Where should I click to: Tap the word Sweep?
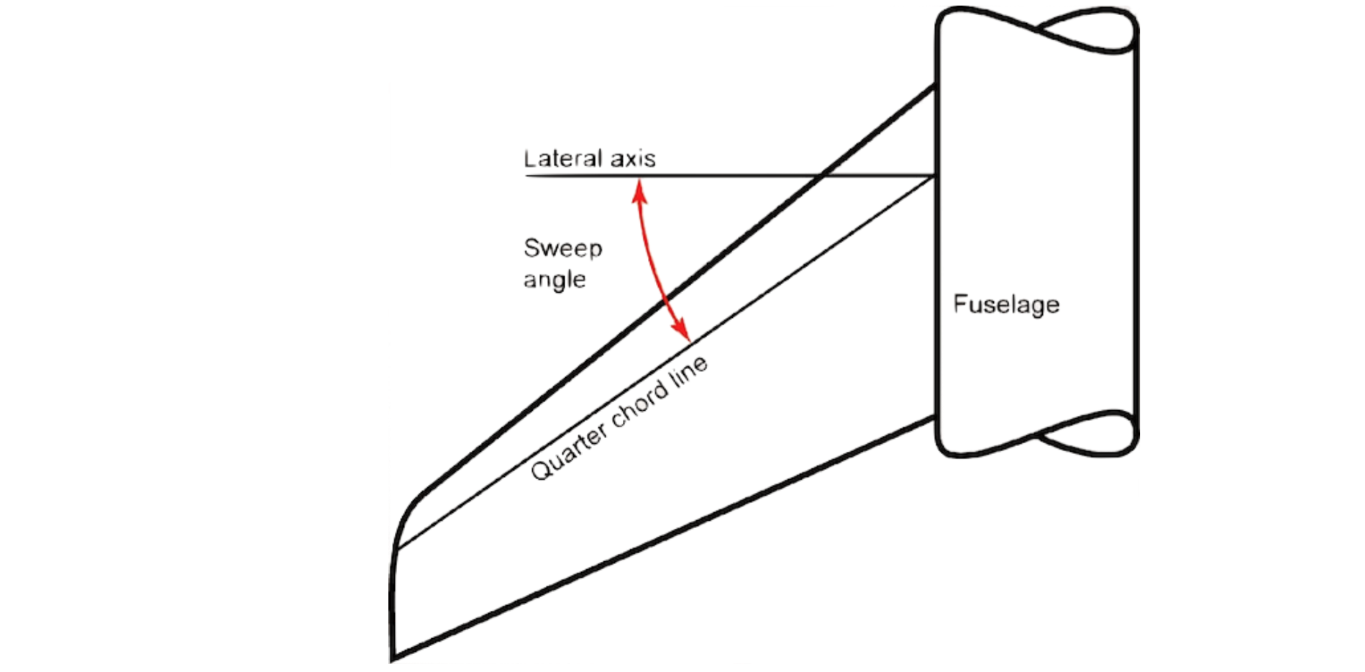562,248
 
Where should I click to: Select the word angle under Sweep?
554,280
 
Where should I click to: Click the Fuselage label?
1005,304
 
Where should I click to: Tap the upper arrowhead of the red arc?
639,185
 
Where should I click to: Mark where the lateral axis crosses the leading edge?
823,175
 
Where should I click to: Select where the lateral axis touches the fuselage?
935,175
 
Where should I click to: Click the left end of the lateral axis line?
526,175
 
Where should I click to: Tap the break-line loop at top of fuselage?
1086,30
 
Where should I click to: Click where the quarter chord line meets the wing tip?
398,548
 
